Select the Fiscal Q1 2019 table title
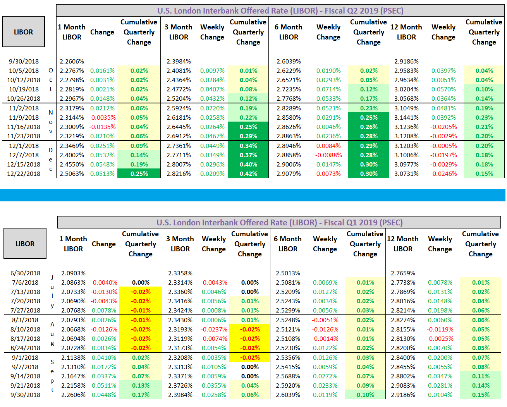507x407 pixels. click(279, 222)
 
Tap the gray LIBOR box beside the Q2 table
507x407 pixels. click(23, 32)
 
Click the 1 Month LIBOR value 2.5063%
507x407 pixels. click(72, 173)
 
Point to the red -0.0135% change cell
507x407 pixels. click(102, 127)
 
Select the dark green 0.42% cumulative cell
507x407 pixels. click(248, 173)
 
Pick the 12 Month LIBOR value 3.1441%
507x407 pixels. click(406, 117)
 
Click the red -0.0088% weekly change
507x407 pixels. click(328, 155)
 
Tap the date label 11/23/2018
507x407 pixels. click(24, 136)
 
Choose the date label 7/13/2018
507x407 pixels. click(25, 292)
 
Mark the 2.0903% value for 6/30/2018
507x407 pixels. click(73, 273)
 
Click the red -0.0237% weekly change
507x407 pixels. click(214, 329)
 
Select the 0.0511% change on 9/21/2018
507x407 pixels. click(104, 385)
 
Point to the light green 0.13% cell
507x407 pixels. click(141, 385)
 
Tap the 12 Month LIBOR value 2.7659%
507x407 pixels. click(403, 273)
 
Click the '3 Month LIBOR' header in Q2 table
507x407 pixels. click(179, 32)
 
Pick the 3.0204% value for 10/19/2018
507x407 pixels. click(406, 89)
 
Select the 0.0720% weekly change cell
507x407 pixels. click(212, 108)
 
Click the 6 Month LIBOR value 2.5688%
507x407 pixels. click(288, 376)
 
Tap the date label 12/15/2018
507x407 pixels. click(24, 164)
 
